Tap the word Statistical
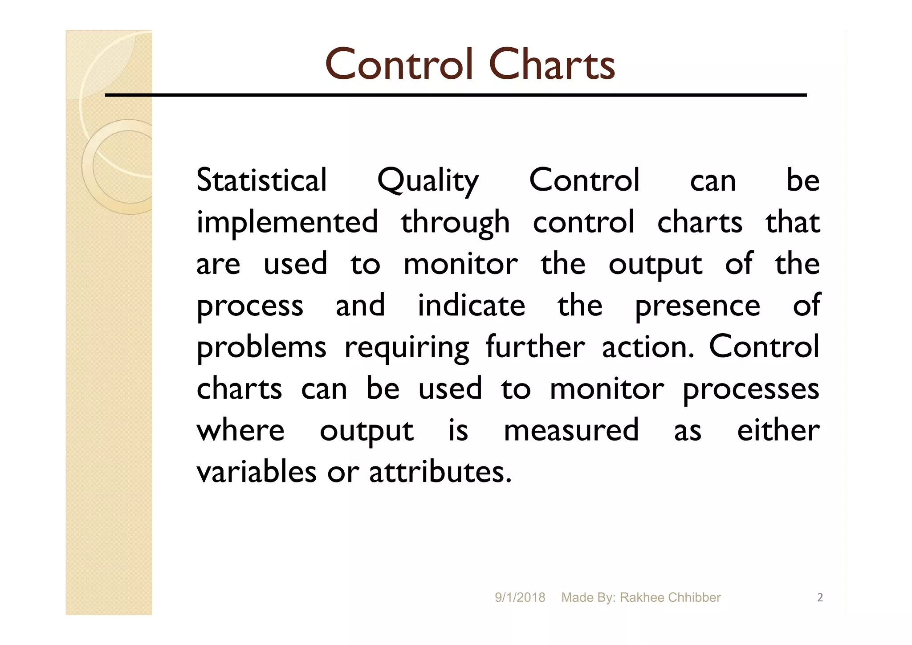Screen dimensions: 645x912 pyautogui.click(x=261, y=180)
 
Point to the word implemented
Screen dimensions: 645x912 pyautogui.click(x=287, y=223)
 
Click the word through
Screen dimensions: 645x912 pyautogui.click(x=455, y=223)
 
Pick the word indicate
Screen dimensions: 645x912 pyautogui.click(x=471, y=306)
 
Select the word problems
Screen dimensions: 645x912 pyautogui.click(x=261, y=347)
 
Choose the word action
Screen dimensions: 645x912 pyautogui.click(x=648, y=347)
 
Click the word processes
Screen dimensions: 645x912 pyautogui.click(x=751, y=389)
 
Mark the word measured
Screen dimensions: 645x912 pyautogui.click(x=571, y=430)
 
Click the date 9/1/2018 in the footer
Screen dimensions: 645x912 pyautogui.click(x=520, y=598)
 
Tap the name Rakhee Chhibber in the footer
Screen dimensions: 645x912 pyautogui.click(x=670, y=598)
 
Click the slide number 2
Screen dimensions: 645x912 pyautogui.click(x=820, y=598)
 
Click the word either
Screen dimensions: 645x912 pyautogui.click(x=778, y=430)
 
